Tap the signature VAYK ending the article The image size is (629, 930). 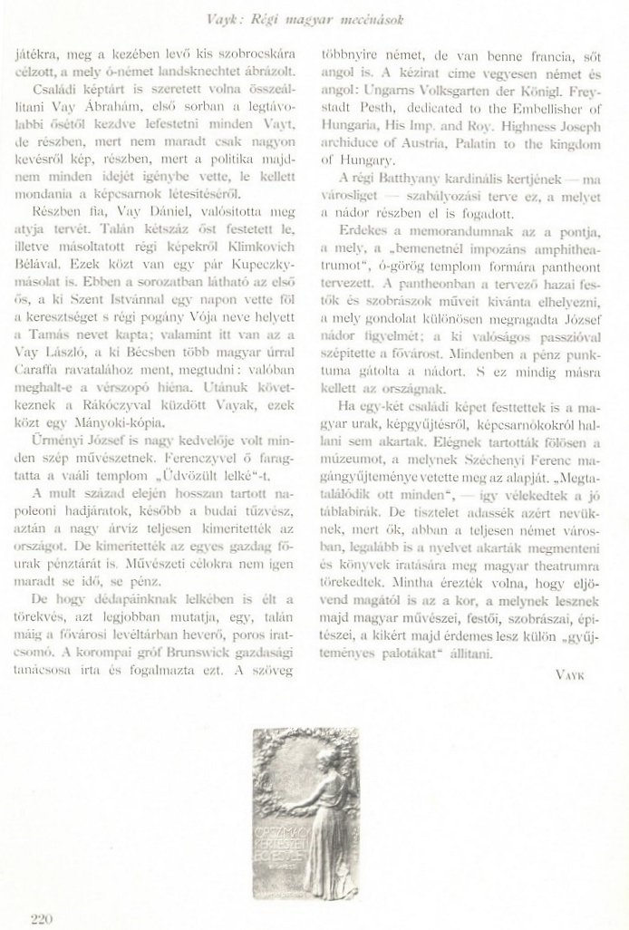pos(568,674)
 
